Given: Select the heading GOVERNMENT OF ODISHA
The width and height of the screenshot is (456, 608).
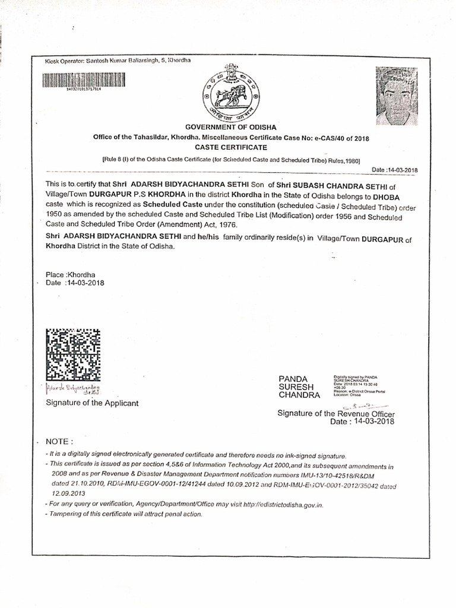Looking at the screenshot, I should (x=230, y=128).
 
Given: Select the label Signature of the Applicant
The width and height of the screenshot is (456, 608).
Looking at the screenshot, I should (x=92, y=403).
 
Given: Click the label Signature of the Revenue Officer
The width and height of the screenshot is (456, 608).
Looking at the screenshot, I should (x=336, y=413).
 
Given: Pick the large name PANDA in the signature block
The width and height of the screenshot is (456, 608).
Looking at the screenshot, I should (x=293, y=379).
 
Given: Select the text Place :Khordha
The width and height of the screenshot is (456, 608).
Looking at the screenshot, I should (x=71, y=275).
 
